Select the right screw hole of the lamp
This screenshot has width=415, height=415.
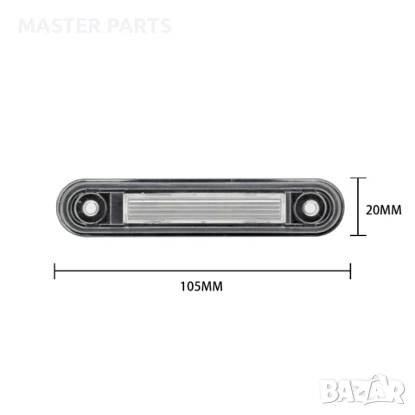click(308, 208)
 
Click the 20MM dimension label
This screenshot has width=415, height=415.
click(383, 208)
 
